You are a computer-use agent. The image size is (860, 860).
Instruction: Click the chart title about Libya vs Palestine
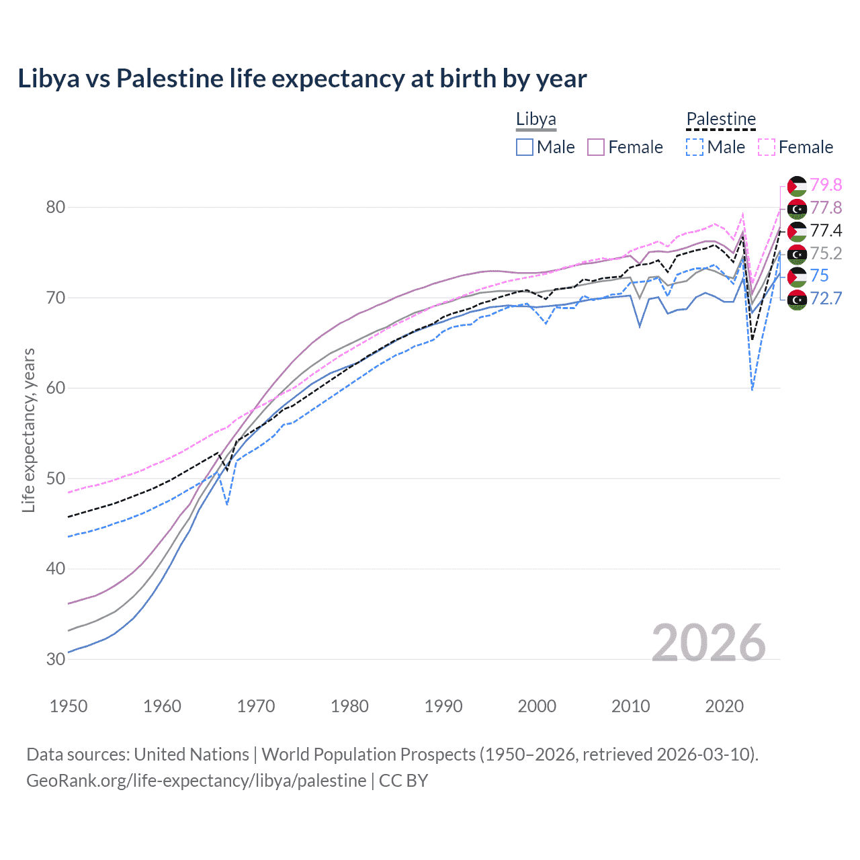pos(302,79)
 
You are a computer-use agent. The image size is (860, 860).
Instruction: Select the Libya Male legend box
pos(525,147)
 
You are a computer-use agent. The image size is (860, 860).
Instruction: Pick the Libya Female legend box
pos(597,147)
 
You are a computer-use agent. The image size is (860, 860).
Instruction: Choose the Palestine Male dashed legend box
pos(695,147)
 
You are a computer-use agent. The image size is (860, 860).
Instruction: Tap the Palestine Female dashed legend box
pos(767,147)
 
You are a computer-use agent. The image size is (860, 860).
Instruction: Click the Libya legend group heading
pos(535,120)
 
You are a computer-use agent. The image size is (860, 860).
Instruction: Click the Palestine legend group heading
pos(721,120)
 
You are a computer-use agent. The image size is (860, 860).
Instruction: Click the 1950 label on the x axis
pos(69,706)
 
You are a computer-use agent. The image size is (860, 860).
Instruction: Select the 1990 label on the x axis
pos(443,706)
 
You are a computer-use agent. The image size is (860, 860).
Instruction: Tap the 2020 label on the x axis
pos(724,706)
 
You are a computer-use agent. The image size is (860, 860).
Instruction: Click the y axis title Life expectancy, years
pos(28,430)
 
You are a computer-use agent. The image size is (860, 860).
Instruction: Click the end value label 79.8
pos(826,185)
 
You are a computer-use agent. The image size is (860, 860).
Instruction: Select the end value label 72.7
pos(826,298)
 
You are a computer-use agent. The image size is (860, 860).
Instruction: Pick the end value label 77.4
pos(826,230)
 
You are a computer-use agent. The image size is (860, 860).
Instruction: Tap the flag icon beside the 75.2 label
pos(797,254)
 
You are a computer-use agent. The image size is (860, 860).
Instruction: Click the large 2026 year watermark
pos(709,643)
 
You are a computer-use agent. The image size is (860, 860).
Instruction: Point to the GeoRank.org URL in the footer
pos(196,781)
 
